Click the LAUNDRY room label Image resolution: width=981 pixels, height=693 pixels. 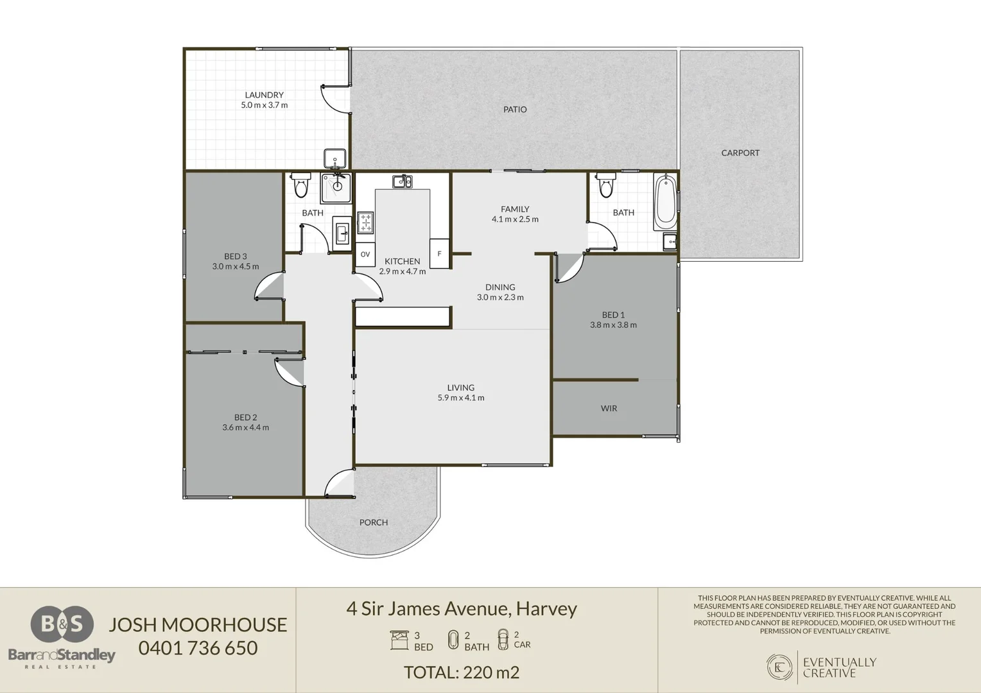click(264, 95)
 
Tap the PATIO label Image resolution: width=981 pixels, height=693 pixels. click(515, 110)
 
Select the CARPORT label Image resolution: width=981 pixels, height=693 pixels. click(740, 153)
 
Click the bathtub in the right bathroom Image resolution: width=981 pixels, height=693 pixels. click(665, 202)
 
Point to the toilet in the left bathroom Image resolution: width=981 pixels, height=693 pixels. click(300, 185)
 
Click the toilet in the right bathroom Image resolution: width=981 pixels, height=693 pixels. click(606, 185)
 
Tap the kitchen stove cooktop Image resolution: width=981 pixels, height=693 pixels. click(365, 223)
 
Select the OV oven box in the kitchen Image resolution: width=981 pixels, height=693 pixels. click(365, 254)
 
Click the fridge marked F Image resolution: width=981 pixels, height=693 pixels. click(439, 253)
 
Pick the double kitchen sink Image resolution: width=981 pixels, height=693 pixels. click(402, 181)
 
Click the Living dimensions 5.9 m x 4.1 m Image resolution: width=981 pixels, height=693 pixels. click(461, 398)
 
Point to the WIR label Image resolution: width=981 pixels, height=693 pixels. click(609, 409)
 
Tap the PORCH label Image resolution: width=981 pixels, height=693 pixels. click(374, 522)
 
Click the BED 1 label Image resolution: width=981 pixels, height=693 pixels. click(613, 315)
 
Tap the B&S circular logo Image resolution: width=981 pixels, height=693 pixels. click(62, 624)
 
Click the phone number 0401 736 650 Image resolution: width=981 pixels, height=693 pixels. click(198, 648)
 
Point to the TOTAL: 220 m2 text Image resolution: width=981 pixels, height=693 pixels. click(462, 672)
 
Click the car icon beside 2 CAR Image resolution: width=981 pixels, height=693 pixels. click(503, 640)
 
